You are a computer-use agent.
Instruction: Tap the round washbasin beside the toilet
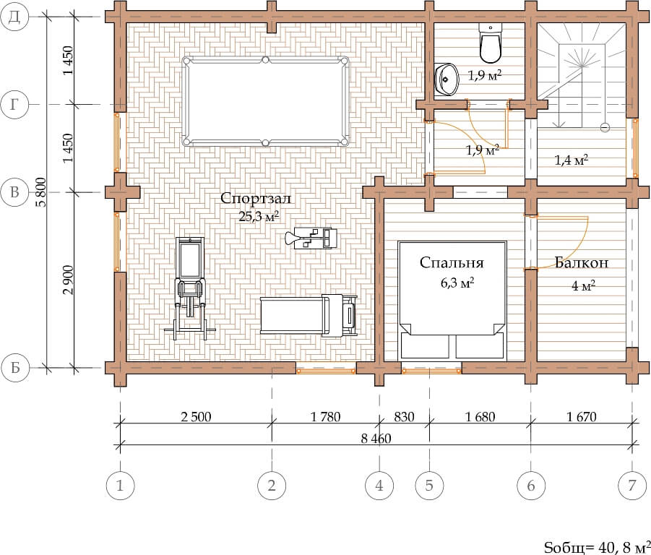447,79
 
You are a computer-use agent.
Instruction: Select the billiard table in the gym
265,101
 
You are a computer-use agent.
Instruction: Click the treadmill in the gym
309,315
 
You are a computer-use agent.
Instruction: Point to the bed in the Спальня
452,300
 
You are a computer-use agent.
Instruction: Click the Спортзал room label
255,199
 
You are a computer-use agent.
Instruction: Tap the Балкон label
581,262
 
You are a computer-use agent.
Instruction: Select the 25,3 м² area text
258,216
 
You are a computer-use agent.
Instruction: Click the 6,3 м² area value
457,283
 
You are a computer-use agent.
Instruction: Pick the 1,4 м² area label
572,160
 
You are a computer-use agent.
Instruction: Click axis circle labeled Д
14,17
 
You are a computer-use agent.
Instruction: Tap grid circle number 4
379,485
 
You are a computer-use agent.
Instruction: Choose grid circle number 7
632,485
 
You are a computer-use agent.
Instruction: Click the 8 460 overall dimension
376,439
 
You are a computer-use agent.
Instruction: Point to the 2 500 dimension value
196,416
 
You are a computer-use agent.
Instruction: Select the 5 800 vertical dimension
40,192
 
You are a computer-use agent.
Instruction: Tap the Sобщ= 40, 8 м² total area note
597,548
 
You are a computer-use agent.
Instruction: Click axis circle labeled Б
15,368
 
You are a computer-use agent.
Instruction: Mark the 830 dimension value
404,416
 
